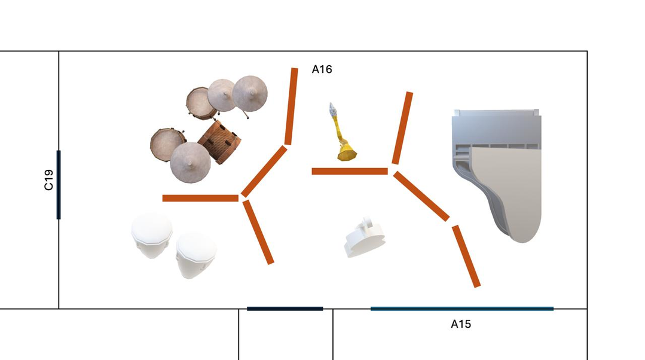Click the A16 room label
pyautogui.click(x=322, y=69)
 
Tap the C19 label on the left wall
pyautogui.click(x=48, y=180)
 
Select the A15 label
pyautogui.click(x=461, y=324)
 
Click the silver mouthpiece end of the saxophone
pyautogui.click(x=333, y=109)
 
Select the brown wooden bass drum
pyautogui.click(x=219, y=142)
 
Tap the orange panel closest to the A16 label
pyautogui.click(x=291, y=106)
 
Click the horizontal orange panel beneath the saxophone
pyautogui.click(x=350, y=171)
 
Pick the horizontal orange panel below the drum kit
pyautogui.click(x=200, y=199)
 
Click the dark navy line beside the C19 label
pyautogui.click(x=59, y=185)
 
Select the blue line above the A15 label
pyautogui.click(x=462, y=309)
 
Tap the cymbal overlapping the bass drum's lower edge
pyautogui.click(x=191, y=163)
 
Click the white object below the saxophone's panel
pyautogui.click(x=365, y=237)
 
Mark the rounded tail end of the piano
pyautogui.click(x=522, y=237)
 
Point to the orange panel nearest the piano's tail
pyautogui.click(x=466, y=256)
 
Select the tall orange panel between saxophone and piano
pyautogui.click(x=402, y=128)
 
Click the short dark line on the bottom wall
pyautogui.click(x=285, y=309)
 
